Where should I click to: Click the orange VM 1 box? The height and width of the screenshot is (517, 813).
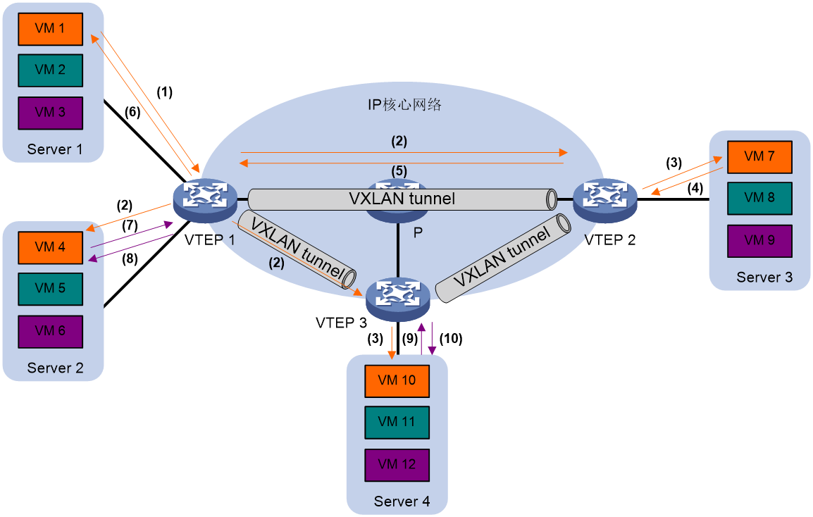(50, 29)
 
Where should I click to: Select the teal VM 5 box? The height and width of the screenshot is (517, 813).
(50, 289)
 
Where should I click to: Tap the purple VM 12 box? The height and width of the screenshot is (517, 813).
(397, 465)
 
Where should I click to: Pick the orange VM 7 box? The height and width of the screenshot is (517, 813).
(759, 157)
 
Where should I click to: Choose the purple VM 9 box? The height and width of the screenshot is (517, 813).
(759, 241)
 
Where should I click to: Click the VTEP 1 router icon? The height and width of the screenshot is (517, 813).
(205, 200)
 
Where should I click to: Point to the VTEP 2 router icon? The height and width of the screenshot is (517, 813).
(605, 201)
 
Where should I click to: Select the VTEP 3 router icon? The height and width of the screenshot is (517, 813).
(397, 300)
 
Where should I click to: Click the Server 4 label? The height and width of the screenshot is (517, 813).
(402, 502)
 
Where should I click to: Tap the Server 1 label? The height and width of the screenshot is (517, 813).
(55, 149)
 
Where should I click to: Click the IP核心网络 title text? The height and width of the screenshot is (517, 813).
(404, 105)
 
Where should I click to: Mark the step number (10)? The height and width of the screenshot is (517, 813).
(451, 339)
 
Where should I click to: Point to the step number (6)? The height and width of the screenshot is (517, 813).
(132, 111)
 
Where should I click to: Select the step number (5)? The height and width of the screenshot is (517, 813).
(399, 170)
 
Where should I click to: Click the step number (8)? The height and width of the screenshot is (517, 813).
(130, 258)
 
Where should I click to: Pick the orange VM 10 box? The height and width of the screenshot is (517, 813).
(397, 381)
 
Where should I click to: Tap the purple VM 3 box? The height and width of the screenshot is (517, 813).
(50, 113)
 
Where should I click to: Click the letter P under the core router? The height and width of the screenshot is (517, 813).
(418, 233)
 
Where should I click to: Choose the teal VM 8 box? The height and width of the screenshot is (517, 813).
(759, 199)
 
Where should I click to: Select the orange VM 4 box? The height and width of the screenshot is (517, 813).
(50, 248)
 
